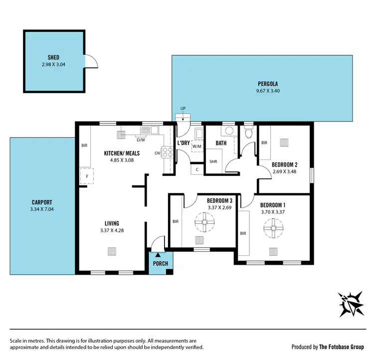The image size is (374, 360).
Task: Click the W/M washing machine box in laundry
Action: coord(197,146)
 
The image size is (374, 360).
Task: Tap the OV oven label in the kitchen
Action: coord(157,153)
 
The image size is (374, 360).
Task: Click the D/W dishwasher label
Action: coord(141,140)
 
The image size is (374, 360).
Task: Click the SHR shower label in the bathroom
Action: coord(213,162)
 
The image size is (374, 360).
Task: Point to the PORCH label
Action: coord(161,263)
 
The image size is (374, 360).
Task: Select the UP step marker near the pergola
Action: coord(183,108)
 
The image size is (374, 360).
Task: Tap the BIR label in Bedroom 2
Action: coord(264,143)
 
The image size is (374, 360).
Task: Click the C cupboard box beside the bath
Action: coord(197,169)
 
